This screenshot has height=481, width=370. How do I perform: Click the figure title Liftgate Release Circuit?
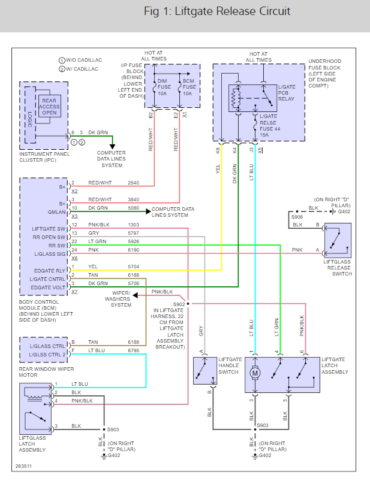coord(217,11)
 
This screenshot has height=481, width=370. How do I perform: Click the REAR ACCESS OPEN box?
coord(50,106)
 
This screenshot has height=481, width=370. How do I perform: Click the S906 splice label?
coord(297,217)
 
